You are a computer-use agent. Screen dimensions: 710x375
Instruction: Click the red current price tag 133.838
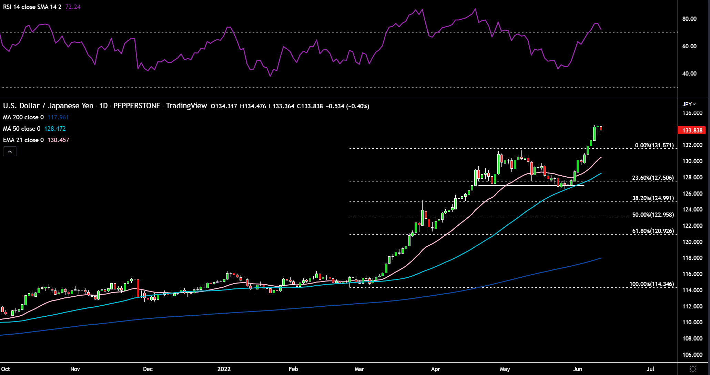[x=692, y=130]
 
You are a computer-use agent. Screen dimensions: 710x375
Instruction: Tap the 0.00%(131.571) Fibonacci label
[x=654, y=145]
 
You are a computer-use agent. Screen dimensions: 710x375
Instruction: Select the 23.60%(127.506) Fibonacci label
[x=653, y=178]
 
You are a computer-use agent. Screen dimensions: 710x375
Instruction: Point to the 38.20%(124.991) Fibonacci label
[x=653, y=198]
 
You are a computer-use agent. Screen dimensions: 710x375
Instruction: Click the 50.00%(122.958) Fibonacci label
[x=653, y=215]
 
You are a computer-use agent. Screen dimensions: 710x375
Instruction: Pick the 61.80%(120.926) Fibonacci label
[x=653, y=231]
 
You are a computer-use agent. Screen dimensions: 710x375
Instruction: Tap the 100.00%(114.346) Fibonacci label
[x=651, y=284]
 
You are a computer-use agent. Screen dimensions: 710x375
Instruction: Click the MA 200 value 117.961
[x=58, y=117]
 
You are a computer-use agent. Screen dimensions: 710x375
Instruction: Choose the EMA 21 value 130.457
[x=58, y=140]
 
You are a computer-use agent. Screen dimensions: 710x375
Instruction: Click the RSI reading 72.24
[x=73, y=7]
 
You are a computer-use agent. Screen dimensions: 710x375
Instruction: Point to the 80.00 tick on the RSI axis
[x=689, y=19]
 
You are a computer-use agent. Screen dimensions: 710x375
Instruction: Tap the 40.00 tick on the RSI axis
[x=689, y=73]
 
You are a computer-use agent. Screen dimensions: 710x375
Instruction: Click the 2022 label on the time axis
[x=224, y=369]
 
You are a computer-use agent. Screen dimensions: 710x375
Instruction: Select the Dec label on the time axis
[x=148, y=369]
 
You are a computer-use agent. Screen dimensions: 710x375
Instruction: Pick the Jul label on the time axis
[x=650, y=369]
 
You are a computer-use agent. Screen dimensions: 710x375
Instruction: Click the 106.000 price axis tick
[x=692, y=355]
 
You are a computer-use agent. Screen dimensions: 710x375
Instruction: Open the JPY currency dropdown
[x=689, y=104]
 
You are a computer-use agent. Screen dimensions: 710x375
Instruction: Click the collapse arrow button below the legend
[x=10, y=151]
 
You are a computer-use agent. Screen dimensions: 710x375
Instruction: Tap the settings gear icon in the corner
[x=693, y=369]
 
